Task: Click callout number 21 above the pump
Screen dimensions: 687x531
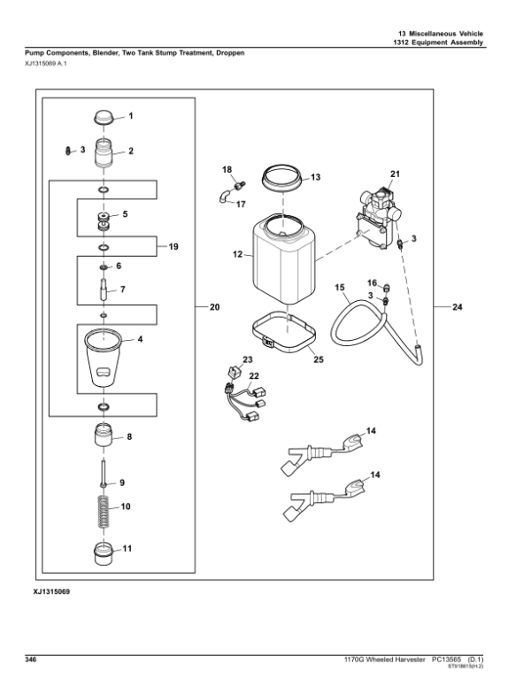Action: click(x=395, y=173)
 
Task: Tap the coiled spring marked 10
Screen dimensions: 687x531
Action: click(x=104, y=512)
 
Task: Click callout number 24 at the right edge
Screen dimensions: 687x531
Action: click(x=458, y=308)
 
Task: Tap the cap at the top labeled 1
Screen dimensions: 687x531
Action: click(x=104, y=119)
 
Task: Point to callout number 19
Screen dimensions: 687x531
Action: click(x=173, y=246)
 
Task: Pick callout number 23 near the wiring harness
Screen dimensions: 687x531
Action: click(x=248, y=359)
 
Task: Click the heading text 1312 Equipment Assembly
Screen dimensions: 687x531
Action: click(x=441, y=43)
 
